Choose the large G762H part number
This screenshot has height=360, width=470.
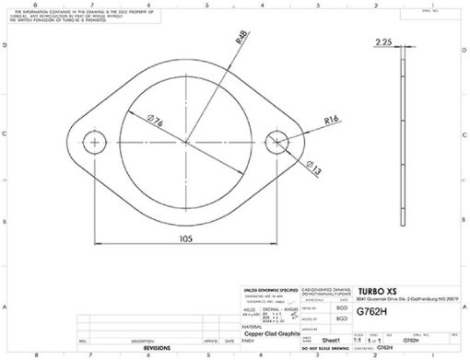point(372,312)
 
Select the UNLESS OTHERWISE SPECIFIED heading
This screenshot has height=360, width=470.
point(269,289)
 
